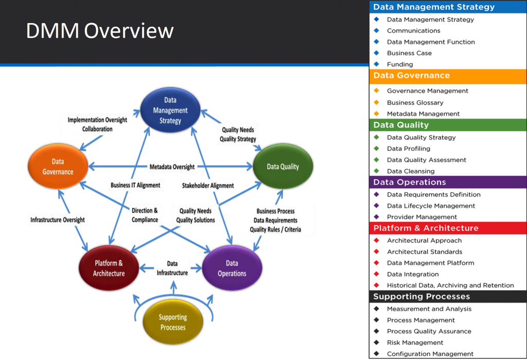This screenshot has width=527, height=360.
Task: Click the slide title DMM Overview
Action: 100,31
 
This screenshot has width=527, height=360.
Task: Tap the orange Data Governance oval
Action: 58,167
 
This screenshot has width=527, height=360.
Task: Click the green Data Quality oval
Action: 283,167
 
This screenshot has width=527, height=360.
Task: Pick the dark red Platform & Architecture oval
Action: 109,268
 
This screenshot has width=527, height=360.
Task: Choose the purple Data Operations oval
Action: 232,268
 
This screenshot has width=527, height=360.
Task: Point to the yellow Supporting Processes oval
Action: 172,322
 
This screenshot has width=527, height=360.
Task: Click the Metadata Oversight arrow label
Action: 172,167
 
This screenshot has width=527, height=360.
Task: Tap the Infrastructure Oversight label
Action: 57,220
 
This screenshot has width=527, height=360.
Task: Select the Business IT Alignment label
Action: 135,185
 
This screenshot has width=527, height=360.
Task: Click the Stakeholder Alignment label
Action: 208,185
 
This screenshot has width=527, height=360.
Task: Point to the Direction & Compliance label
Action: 145,215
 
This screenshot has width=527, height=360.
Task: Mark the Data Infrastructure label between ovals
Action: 172,268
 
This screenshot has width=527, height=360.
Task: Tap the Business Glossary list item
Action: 415,102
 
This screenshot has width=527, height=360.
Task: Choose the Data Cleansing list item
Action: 411,171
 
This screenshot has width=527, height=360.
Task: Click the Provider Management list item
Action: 421,217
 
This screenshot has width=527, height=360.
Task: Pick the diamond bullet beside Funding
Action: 376,64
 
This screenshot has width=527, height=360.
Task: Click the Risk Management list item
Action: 415,343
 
